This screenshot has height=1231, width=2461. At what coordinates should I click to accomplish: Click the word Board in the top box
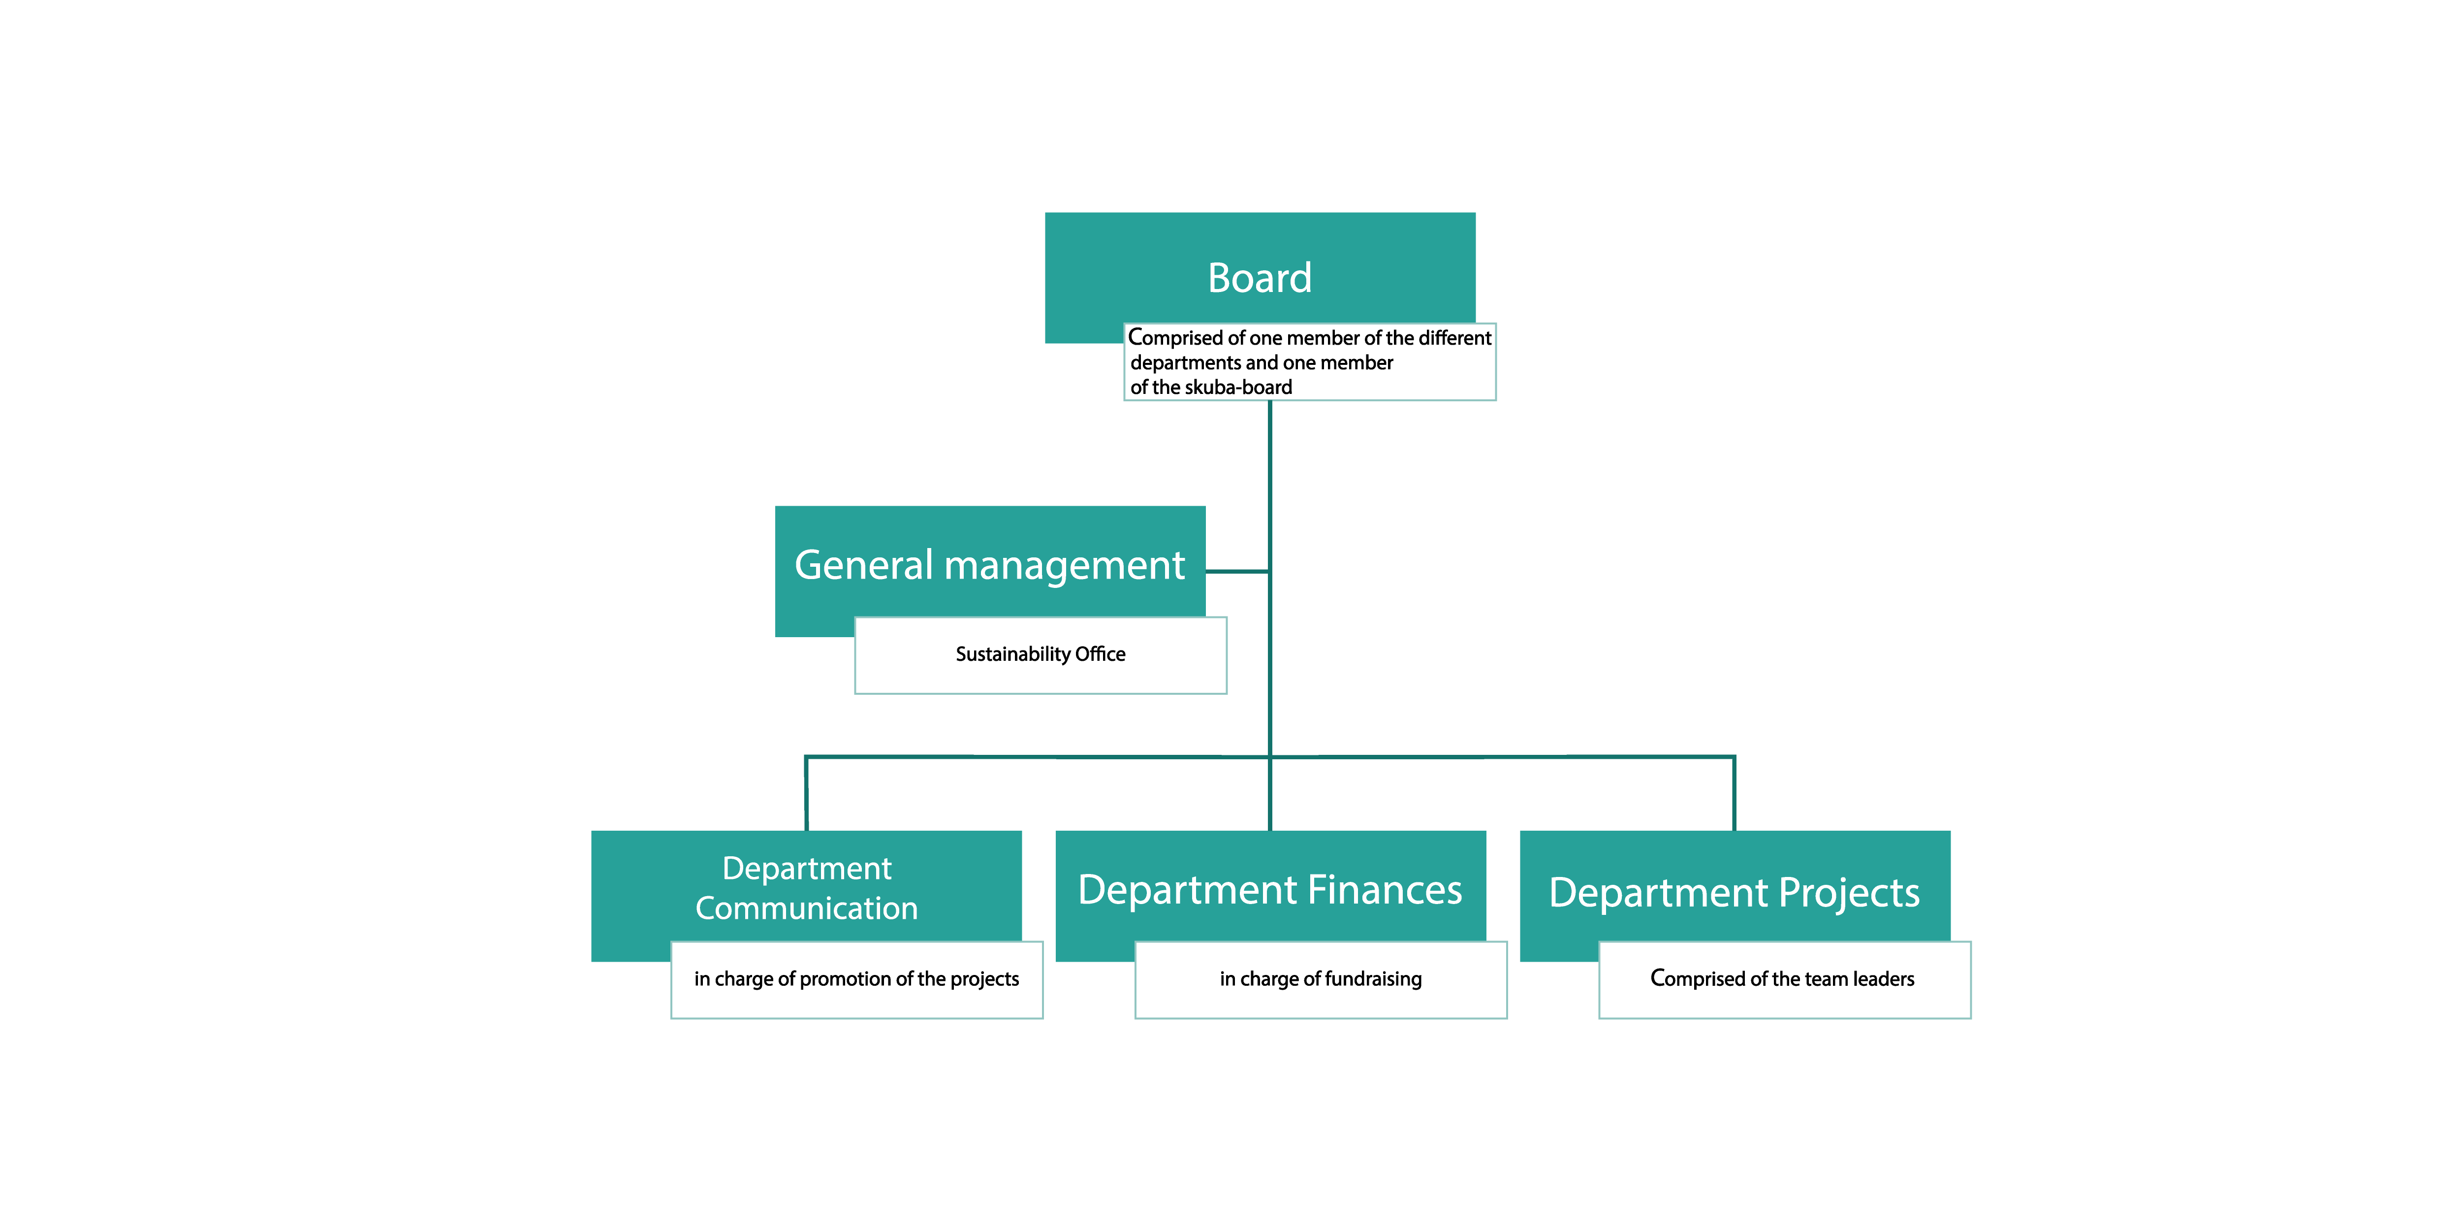tap(1259, 278)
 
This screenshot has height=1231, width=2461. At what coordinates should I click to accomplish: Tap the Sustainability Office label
tap(1041, 654)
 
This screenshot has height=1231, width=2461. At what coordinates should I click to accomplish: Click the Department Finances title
tap(1270, 890)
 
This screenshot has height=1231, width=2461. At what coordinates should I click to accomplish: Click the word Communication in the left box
tap(806, 908)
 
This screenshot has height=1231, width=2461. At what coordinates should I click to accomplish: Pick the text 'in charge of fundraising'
tap(1320, 979)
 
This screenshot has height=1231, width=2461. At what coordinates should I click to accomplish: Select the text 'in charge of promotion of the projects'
tap(856, 979)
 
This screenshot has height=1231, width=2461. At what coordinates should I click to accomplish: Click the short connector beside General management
tap(1237, 572)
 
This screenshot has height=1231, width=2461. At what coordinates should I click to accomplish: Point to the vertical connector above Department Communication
tap(806, 793)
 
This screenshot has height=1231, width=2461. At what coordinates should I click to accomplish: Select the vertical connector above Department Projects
tap(1734, 793)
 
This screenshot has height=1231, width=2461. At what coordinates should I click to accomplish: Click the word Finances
tap(1384, 890)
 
